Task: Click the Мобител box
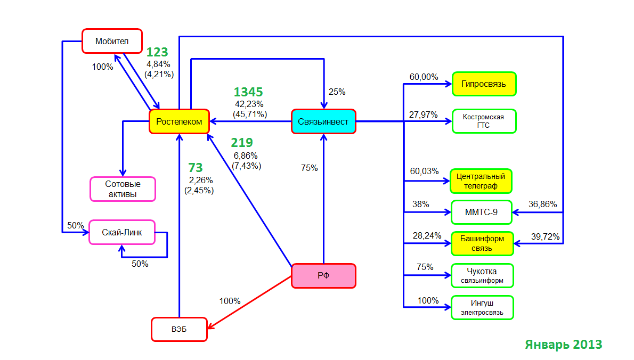click(x=112, y=41)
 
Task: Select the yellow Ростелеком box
click(x=179, y=121)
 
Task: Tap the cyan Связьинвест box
click(x=323, y=121)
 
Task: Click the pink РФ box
click(x=323, y=275)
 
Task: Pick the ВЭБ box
click(x=179, y=329)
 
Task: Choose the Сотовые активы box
click(x=123, y=189)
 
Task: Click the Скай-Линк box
click(x=121, y=232)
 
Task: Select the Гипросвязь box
click(x=484, y=84)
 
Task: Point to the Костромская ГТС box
click(x=484, y=121)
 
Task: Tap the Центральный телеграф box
click(x=481, y=181)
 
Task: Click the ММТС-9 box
click(x=481, y=212)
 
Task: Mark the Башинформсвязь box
click(x=482, y=243)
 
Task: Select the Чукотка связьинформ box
click(x=482, y=275)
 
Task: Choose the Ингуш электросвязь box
click(x=482, y=307)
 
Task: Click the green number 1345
click(x=248, y=92)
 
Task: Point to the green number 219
click(x=242, y=143)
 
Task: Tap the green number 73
click(x=196, y=167)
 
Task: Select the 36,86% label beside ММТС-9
click(x=542, y=204)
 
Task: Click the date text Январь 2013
click(x=564, y=344)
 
